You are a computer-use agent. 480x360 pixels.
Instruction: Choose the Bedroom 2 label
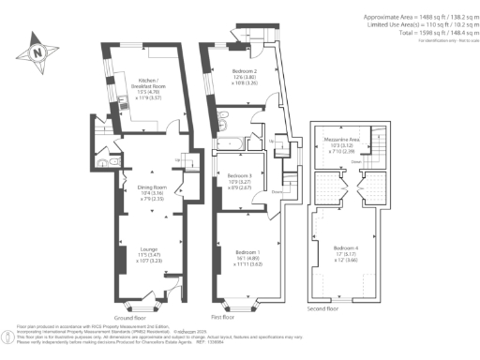(245, 74)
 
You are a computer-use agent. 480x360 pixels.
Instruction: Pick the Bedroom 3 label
(241, 176)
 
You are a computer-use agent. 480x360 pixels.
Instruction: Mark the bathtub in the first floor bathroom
(229, 142)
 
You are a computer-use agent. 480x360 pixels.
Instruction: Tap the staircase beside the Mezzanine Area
(381, 145)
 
